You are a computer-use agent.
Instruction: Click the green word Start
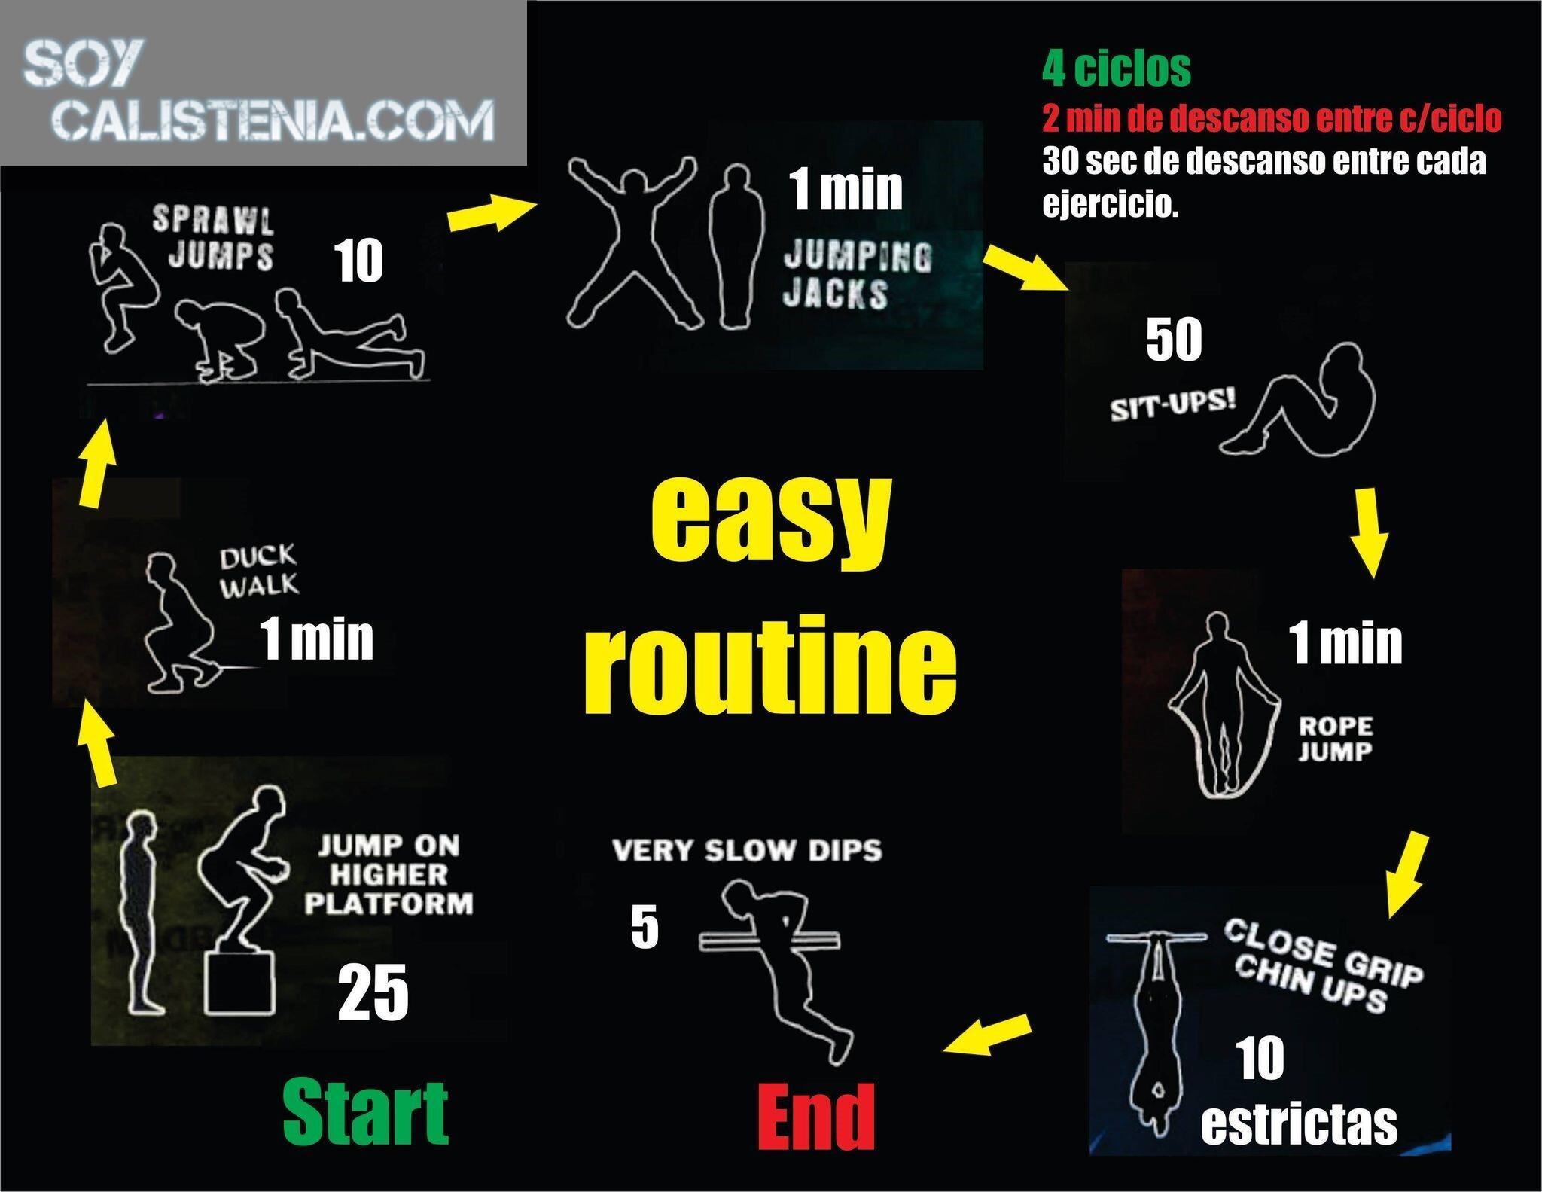[366, 1111]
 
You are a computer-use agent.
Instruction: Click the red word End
[816, 1117]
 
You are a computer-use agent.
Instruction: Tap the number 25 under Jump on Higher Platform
[373, 993]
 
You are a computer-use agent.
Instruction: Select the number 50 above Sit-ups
[1174, 340]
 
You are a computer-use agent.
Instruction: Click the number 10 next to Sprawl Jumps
[359, 261]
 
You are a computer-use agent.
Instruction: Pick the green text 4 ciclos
[1117, 69]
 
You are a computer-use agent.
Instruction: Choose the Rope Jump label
[1335, 739]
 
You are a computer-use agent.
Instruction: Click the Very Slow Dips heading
[747, 851]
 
